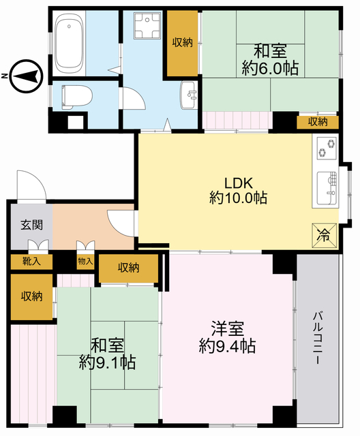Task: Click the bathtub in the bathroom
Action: tap(70, 44)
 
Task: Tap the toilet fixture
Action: tap(76, 97)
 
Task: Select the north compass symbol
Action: tap(27, 76)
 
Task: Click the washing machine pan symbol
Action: tap(147, 25)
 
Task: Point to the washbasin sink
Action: tap(189, 95)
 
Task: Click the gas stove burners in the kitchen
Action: tap(327, 149)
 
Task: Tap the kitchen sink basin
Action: tap(327, 188)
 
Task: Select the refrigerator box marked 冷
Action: tap(324, 235)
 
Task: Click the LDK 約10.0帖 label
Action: tap(239, 191)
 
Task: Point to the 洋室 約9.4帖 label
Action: tap(227, 337)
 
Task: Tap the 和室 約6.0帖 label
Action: tap(270, 60)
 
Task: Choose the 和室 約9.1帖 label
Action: tap(108, 354)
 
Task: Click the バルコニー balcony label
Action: tap(318, 338)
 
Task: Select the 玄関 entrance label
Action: tap(32, 225)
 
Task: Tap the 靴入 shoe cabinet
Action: tap(32, 262)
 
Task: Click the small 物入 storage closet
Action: tap(85, 262)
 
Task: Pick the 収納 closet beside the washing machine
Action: tap(182, 42)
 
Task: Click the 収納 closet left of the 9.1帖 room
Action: tap(32, 296)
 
